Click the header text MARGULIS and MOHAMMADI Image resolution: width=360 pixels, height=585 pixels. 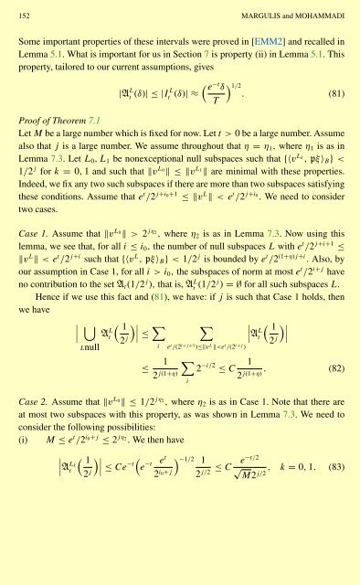pyautogui.click(x=279, y=13)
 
